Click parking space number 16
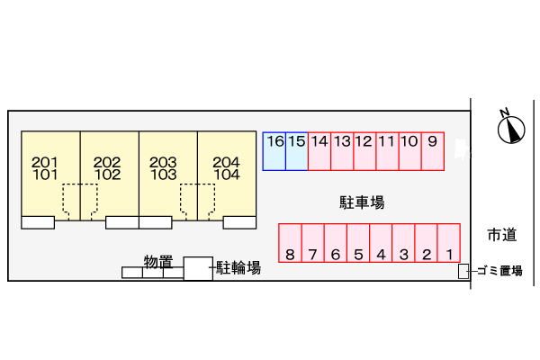pos(274,150)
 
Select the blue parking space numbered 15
pos(297,150)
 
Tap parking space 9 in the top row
pos(433,150)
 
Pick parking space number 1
pos(449,244)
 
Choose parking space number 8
pos(290,244)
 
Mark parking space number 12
pos(364,150)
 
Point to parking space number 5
pos(358,244)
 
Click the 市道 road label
pos(502,236)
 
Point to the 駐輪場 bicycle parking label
pos(238,267)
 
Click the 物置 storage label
pos(158,262)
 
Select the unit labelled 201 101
pos(45,168)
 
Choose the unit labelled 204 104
pos(227,168)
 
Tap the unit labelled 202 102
pos(107,168)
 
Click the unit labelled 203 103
pos(164,168)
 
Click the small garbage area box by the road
pos(463,271)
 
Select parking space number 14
pos(319,150)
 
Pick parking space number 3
pos(404,244)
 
